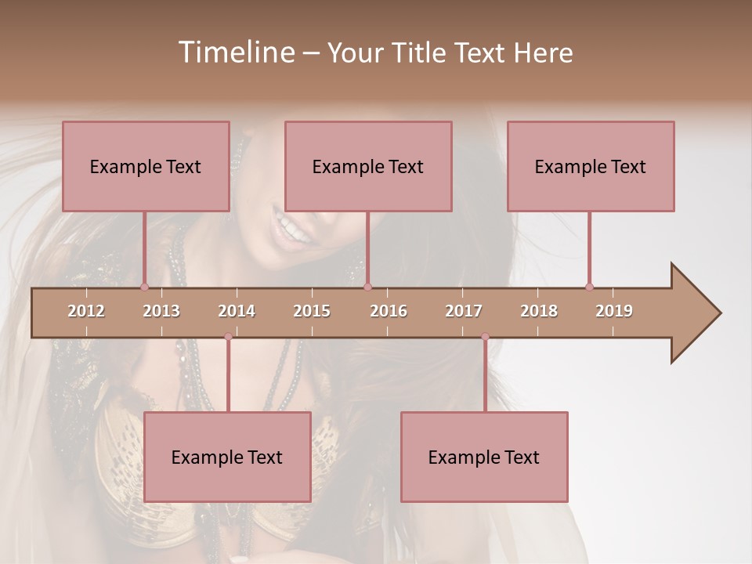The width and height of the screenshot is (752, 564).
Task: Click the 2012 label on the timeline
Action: point(86,311)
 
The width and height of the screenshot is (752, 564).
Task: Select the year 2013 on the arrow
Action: point(161,311)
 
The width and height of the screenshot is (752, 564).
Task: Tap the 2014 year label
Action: point(237,311)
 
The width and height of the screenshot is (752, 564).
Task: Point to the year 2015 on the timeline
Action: point(312,311)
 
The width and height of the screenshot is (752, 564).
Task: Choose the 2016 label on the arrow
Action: point(389,311)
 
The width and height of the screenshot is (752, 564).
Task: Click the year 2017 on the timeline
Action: point(464,311)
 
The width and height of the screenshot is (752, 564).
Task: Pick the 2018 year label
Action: point(539,311)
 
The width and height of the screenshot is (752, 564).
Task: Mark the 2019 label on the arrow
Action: point(614,311)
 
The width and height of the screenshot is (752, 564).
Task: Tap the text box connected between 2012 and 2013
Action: point(146,166)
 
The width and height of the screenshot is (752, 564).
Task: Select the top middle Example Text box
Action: point(368,166)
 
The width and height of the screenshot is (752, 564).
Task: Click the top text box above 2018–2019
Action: point(591,166)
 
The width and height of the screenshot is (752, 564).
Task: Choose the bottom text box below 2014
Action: point(227,457)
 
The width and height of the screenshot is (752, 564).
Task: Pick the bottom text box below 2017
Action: point(484,457)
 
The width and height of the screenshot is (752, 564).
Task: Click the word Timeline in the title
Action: point(235,52)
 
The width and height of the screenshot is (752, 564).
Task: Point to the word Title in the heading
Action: point(419,52)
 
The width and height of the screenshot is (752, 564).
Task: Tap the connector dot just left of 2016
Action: point(368,287)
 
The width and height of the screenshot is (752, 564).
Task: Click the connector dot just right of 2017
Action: point(485,337)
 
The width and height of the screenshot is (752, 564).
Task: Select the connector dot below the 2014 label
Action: point(228,337)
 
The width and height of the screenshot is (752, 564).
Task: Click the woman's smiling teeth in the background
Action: point(291,227)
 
